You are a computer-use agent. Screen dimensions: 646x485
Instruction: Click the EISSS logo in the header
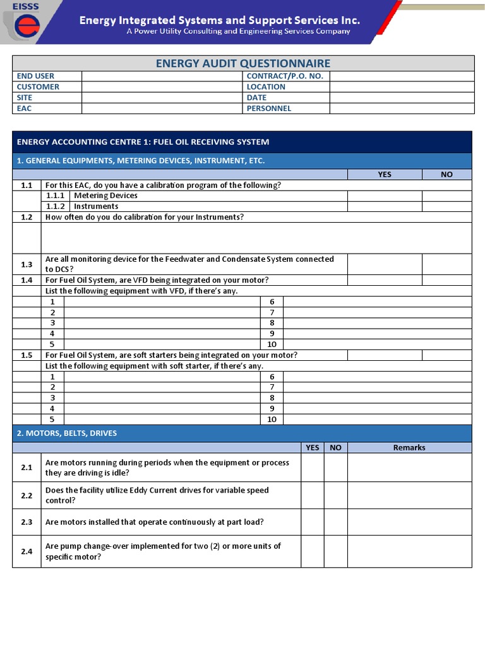[26, 23]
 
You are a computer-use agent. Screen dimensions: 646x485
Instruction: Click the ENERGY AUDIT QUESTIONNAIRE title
[243, 63]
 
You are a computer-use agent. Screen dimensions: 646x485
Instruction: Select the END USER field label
[35, 76]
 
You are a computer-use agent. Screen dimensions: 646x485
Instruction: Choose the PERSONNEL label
[268, 109]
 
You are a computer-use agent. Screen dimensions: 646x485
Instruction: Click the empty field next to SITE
[162, 97]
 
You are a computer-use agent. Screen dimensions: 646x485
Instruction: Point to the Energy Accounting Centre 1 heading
[143, 142]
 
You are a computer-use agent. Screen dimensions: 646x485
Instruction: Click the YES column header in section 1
[385, 174]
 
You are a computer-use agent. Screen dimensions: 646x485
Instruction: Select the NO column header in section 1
[446, 174]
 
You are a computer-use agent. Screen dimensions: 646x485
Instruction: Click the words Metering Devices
[105, 196]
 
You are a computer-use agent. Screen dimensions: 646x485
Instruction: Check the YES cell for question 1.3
[385, 264]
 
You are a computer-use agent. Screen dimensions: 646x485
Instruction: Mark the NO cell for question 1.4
[446, 280]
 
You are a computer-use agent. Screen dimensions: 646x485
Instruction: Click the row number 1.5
[27, 355]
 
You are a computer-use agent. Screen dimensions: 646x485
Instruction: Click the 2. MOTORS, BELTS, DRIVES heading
[67, 433]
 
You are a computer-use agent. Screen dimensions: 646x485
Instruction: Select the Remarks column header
[409, 447]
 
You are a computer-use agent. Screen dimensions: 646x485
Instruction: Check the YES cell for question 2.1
[313, 467]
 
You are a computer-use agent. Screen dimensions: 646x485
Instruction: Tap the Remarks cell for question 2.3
[409, 522]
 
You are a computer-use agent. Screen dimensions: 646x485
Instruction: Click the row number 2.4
[27, 551]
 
